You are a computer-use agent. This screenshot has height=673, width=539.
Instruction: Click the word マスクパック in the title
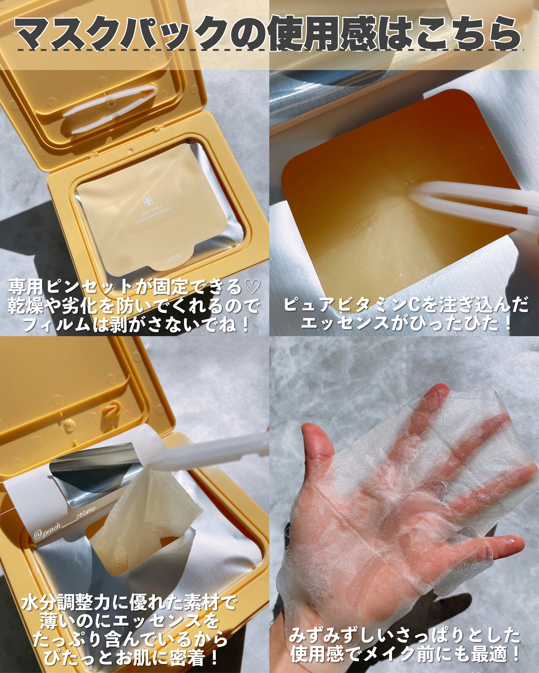click(120, 34)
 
